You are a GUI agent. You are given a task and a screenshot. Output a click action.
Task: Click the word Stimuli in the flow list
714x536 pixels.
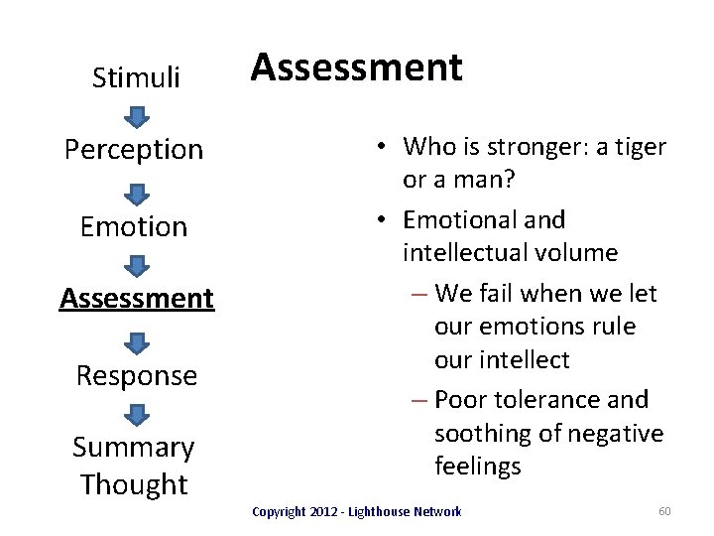click(x=136, y=77)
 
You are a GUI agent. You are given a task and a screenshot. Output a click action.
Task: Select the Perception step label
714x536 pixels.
click(x=134, y=150)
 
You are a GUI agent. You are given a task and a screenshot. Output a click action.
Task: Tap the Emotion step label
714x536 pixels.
click(x=134, y=226)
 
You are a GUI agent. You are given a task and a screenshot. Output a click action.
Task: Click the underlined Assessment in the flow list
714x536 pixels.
click(x=136, y=297)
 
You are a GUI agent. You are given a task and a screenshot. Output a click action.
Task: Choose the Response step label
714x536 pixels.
click(x=137, y=375)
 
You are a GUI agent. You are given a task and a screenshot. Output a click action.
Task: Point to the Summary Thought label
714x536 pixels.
click(x=134, y=466)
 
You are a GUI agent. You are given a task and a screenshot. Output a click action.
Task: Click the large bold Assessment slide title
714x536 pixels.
click(x=356, y=67)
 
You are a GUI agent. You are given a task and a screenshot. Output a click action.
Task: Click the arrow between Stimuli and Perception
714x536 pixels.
click(x=136, y=117)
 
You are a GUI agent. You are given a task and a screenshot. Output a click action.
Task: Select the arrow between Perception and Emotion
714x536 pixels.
click(x=136, y=193)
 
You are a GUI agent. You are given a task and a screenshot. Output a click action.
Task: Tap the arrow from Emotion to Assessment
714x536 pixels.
click(x=136, y=264)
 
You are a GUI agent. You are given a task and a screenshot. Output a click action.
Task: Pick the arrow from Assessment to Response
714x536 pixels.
click(x=136, y=341)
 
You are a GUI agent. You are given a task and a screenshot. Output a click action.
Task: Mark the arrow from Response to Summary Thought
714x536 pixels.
click(x=136, y=412)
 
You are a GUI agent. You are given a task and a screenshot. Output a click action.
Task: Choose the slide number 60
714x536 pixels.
click(x=664, y=511)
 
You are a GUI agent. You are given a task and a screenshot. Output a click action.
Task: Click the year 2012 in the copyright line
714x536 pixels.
click(x=323, y=511)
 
